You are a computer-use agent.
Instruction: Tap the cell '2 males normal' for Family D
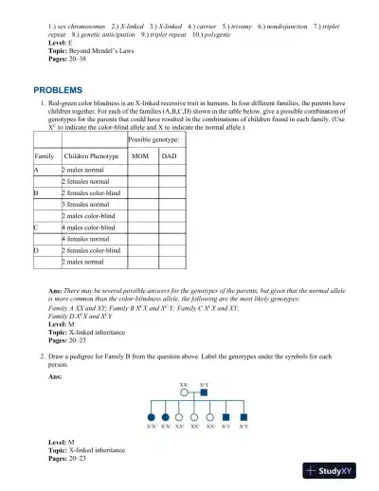click(x=82, y=262)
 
